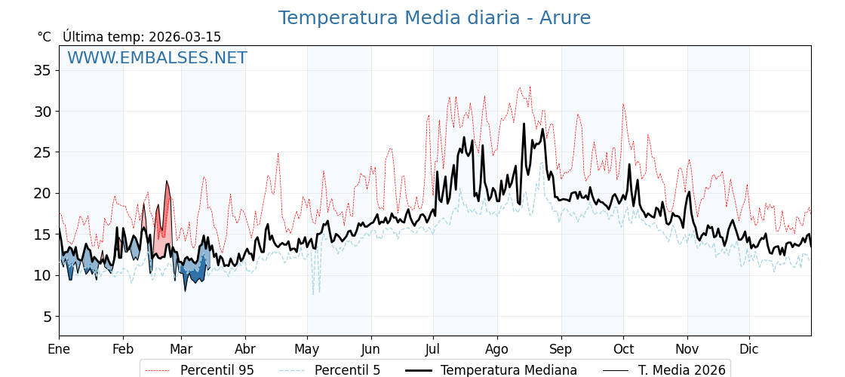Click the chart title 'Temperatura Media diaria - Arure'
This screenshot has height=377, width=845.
(434, 18)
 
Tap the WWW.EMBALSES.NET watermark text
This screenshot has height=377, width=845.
(157, 58)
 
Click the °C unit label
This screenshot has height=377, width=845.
(45, 37)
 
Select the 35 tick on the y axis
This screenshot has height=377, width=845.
(42, 70)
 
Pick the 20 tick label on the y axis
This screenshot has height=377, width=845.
(42, 193)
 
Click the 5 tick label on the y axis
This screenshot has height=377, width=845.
(46, 316)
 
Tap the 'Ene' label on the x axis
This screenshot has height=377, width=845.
(59, 349)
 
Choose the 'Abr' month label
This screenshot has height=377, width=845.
(245, 349)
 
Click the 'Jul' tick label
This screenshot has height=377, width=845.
(433, 349)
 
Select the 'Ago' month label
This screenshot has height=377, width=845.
(497, 349)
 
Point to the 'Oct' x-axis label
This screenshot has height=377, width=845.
(623, 349)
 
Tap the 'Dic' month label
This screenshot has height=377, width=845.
(749, 349)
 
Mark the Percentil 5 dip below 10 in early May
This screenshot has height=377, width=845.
(315, 287)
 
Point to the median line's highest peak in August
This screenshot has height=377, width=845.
(524, 124)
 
